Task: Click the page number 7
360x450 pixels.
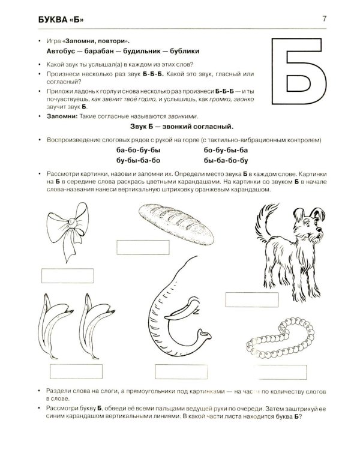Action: point(325,19)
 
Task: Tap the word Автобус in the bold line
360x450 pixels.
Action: point(61,51)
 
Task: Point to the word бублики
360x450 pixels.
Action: point(185,51)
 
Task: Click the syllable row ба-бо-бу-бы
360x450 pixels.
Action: point(139,150)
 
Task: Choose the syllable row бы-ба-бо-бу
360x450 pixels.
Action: point(226,160)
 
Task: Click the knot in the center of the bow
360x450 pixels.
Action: point(72,223)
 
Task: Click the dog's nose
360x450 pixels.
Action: point(319,229)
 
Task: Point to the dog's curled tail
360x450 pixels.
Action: point(263,221)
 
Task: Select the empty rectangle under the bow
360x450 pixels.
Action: point(67,276)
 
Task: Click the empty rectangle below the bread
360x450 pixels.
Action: point(143,247)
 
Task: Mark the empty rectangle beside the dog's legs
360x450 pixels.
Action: point(252,299)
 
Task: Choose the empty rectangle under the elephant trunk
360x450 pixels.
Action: point(181,371)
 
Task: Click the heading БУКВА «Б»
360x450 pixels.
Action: point(61,20)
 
